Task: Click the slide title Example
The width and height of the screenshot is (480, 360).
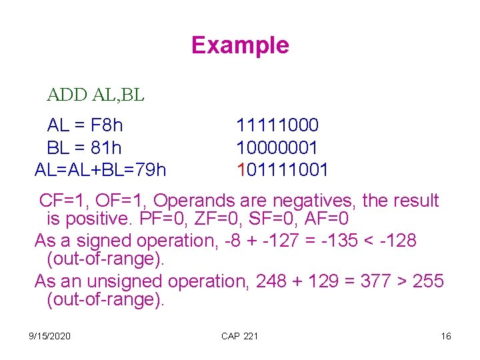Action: pos(240,45)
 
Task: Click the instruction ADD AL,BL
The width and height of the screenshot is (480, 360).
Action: pos(95,95)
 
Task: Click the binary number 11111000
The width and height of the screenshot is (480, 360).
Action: pos(277,125)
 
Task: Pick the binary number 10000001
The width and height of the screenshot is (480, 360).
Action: pos(277,147)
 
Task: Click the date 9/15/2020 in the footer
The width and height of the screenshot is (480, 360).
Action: pos(51,336)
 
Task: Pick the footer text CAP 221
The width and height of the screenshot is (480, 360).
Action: pos(239,336)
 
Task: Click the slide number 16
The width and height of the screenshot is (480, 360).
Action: pos(446,336)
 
